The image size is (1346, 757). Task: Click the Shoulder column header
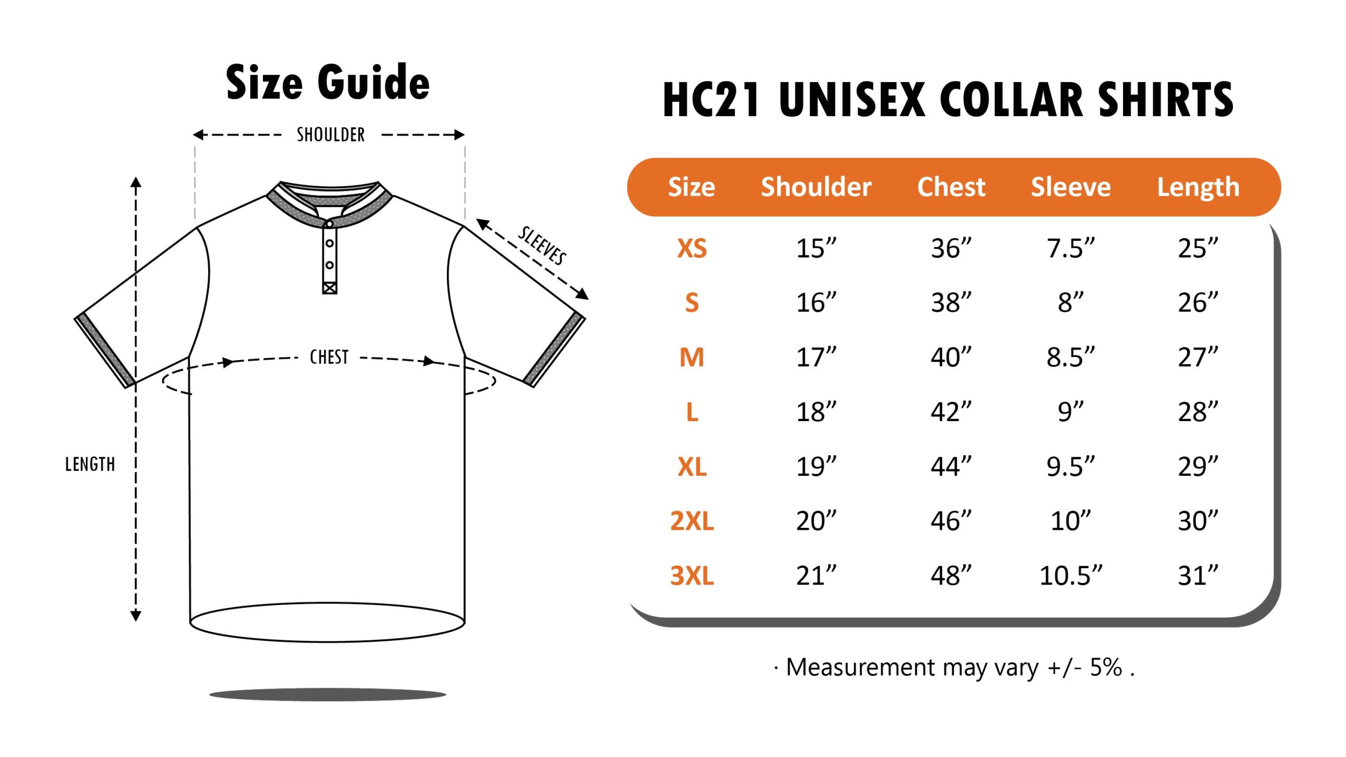pyautogui.click(x=816, y=187)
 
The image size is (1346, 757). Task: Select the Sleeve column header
pyautogui.click(x=1071, y=187)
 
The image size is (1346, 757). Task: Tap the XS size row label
pyautogui.click(x=692, y=248)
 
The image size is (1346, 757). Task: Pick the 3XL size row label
pyautogui.click(x=692, y=576)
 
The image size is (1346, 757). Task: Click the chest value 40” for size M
pyautogui.click(x=951, y=357)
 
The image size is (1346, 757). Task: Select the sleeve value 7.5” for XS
pyautogui.click(x=1071, y=248)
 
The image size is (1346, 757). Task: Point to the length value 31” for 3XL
pyautogui.click(x=1198, y=576)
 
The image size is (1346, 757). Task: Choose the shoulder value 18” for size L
pyautogui.click(x=816, y=412)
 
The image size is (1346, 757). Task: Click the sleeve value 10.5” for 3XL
pyautogui.click(x=1071, y=576)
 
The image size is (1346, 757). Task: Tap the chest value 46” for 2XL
pyautogui.click(x=951, y=521)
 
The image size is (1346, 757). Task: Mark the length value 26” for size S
pyautogui.click(x=1198, y=303)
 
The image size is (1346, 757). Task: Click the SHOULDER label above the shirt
pyautogui.click(x=331, y=135)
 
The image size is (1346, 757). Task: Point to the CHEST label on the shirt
pyautogui.click(x=329, y=357)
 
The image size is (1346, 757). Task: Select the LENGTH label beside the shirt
pyautogui.click(x=90, y=465)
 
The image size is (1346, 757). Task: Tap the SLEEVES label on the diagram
pyautogui.click(x=542, y=245)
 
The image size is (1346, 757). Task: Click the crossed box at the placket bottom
pyautogui.click(x=330, y=288)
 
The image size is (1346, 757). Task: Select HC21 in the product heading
pyautogui.click(x=711, y=100)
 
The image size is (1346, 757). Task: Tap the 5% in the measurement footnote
pyautogui.click(x=1106, y=667)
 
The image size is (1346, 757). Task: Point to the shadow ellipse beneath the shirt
pyautogui.click(x=328, y=694)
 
